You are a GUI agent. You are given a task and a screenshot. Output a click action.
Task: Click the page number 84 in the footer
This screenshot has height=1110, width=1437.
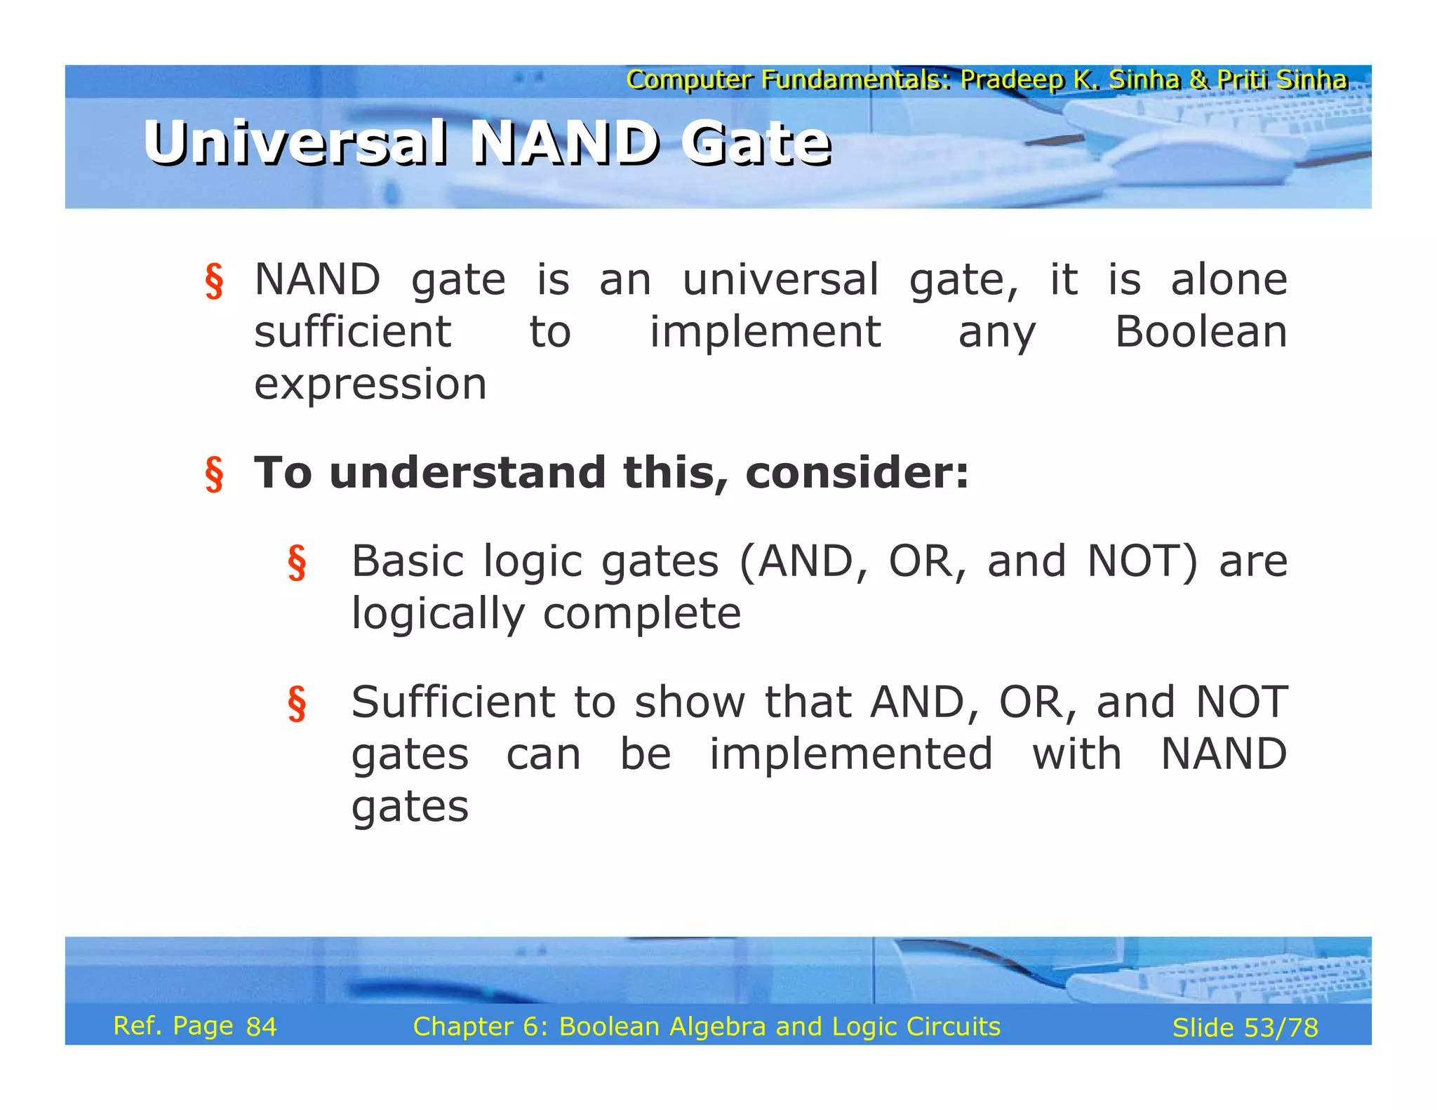click(x=261, y=1027)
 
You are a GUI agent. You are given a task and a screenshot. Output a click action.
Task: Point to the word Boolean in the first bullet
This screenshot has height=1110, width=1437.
click(x=1201, y=332)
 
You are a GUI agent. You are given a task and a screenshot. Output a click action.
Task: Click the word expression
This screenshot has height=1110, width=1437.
click(x=370, y=385)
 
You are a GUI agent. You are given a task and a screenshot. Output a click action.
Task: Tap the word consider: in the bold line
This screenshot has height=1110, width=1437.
click(x=857, y=472)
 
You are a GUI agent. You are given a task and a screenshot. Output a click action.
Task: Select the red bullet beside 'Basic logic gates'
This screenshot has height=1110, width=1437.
click(x=297, y=563)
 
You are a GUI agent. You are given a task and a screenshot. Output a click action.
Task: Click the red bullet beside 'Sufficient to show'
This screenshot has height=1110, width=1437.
click(x=297, y=703)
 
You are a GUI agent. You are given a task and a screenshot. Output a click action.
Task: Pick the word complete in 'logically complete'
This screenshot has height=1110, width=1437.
click(x=641, y=614)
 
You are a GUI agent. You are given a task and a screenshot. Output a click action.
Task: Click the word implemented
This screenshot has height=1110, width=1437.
click(x=850, y=754)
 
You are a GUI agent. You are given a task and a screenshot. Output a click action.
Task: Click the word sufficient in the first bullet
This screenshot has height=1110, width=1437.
click(x=352, y=332)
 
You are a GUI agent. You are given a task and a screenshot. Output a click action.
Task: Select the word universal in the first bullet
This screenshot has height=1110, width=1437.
click(x=780, y=279)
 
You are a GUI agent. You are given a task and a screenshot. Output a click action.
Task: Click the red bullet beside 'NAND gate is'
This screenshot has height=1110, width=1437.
click(x=214, y=281)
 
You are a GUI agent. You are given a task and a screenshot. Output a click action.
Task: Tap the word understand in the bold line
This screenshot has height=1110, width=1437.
click(x=467, y=472)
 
